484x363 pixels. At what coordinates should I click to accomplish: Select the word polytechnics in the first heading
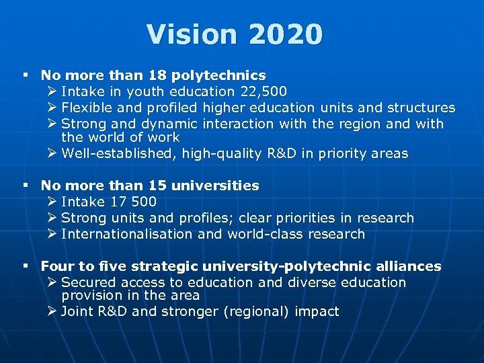point(219,75)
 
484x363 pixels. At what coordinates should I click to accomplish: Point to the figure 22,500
point(263,91)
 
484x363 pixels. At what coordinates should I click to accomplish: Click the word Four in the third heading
point(54,266)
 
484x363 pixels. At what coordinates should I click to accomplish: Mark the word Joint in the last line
point(77,311)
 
